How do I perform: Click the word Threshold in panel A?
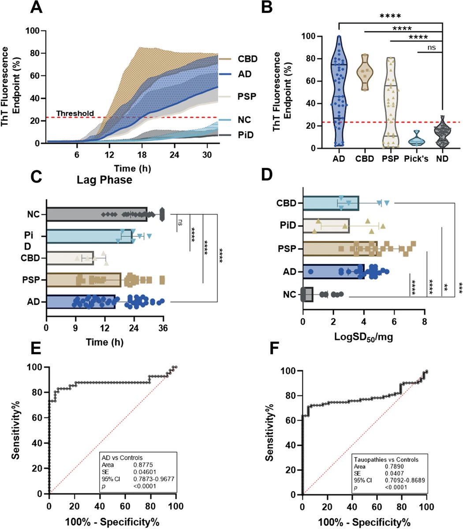pos(75,113)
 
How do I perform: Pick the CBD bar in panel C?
pos(70,258)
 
